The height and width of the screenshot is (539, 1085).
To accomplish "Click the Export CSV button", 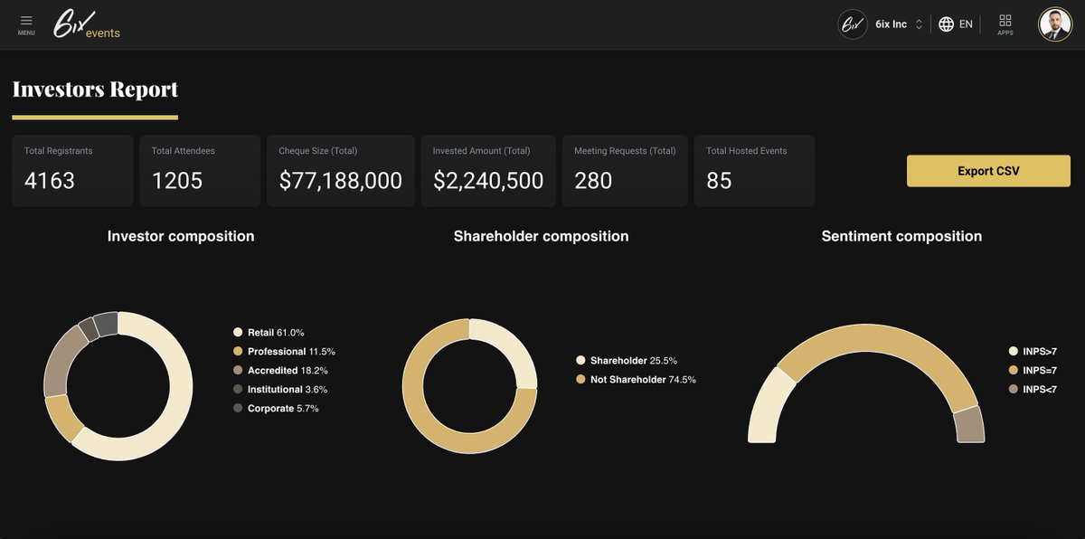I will [x=988, y=171].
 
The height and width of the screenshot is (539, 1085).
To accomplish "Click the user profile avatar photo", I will [x=1054, y=24].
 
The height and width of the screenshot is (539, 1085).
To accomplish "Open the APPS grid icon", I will [x=1005, y=24].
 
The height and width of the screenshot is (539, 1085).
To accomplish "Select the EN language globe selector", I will [x=956, y=24].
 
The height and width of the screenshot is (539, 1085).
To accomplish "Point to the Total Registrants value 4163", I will [x=50, y=181].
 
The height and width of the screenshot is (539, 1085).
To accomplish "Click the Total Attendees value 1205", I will [x=177, y=181].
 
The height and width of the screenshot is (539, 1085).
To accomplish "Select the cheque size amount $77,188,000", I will [x=340, y=181].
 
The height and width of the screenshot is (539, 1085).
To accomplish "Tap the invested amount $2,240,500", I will [x=488, y=181].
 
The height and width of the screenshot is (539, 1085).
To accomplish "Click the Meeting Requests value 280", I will [x=593, y=181].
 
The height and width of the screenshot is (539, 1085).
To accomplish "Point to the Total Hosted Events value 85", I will [x=719, y=181].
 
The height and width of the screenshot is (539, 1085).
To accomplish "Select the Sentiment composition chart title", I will [x=901, y=236].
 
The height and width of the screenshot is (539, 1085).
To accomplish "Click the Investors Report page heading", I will [x=95, y=89].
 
